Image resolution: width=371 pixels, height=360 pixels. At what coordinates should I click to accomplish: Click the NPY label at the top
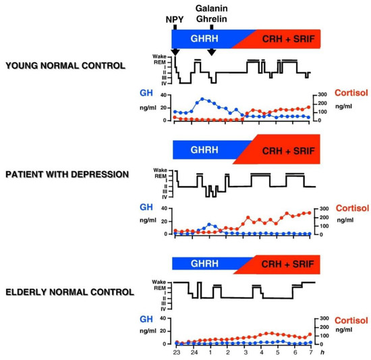(175, 19)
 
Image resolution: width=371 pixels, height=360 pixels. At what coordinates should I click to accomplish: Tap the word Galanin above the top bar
(210, 7)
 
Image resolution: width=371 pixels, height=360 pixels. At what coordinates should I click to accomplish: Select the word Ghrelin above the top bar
(210, 19)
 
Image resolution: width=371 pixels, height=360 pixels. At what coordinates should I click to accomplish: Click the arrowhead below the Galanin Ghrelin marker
(212, 53)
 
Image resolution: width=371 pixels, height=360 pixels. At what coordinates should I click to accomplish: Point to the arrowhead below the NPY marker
(175, 53)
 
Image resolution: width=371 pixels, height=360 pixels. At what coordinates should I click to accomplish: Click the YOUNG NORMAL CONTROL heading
(65, 66)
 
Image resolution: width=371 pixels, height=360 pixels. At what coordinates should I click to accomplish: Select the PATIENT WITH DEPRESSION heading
(67, 174)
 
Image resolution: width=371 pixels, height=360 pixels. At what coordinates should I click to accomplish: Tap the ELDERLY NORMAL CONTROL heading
(69, 292)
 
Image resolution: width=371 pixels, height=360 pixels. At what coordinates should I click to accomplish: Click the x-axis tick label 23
(176, 353)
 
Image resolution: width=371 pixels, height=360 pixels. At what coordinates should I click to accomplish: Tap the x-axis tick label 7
(310, 353)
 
